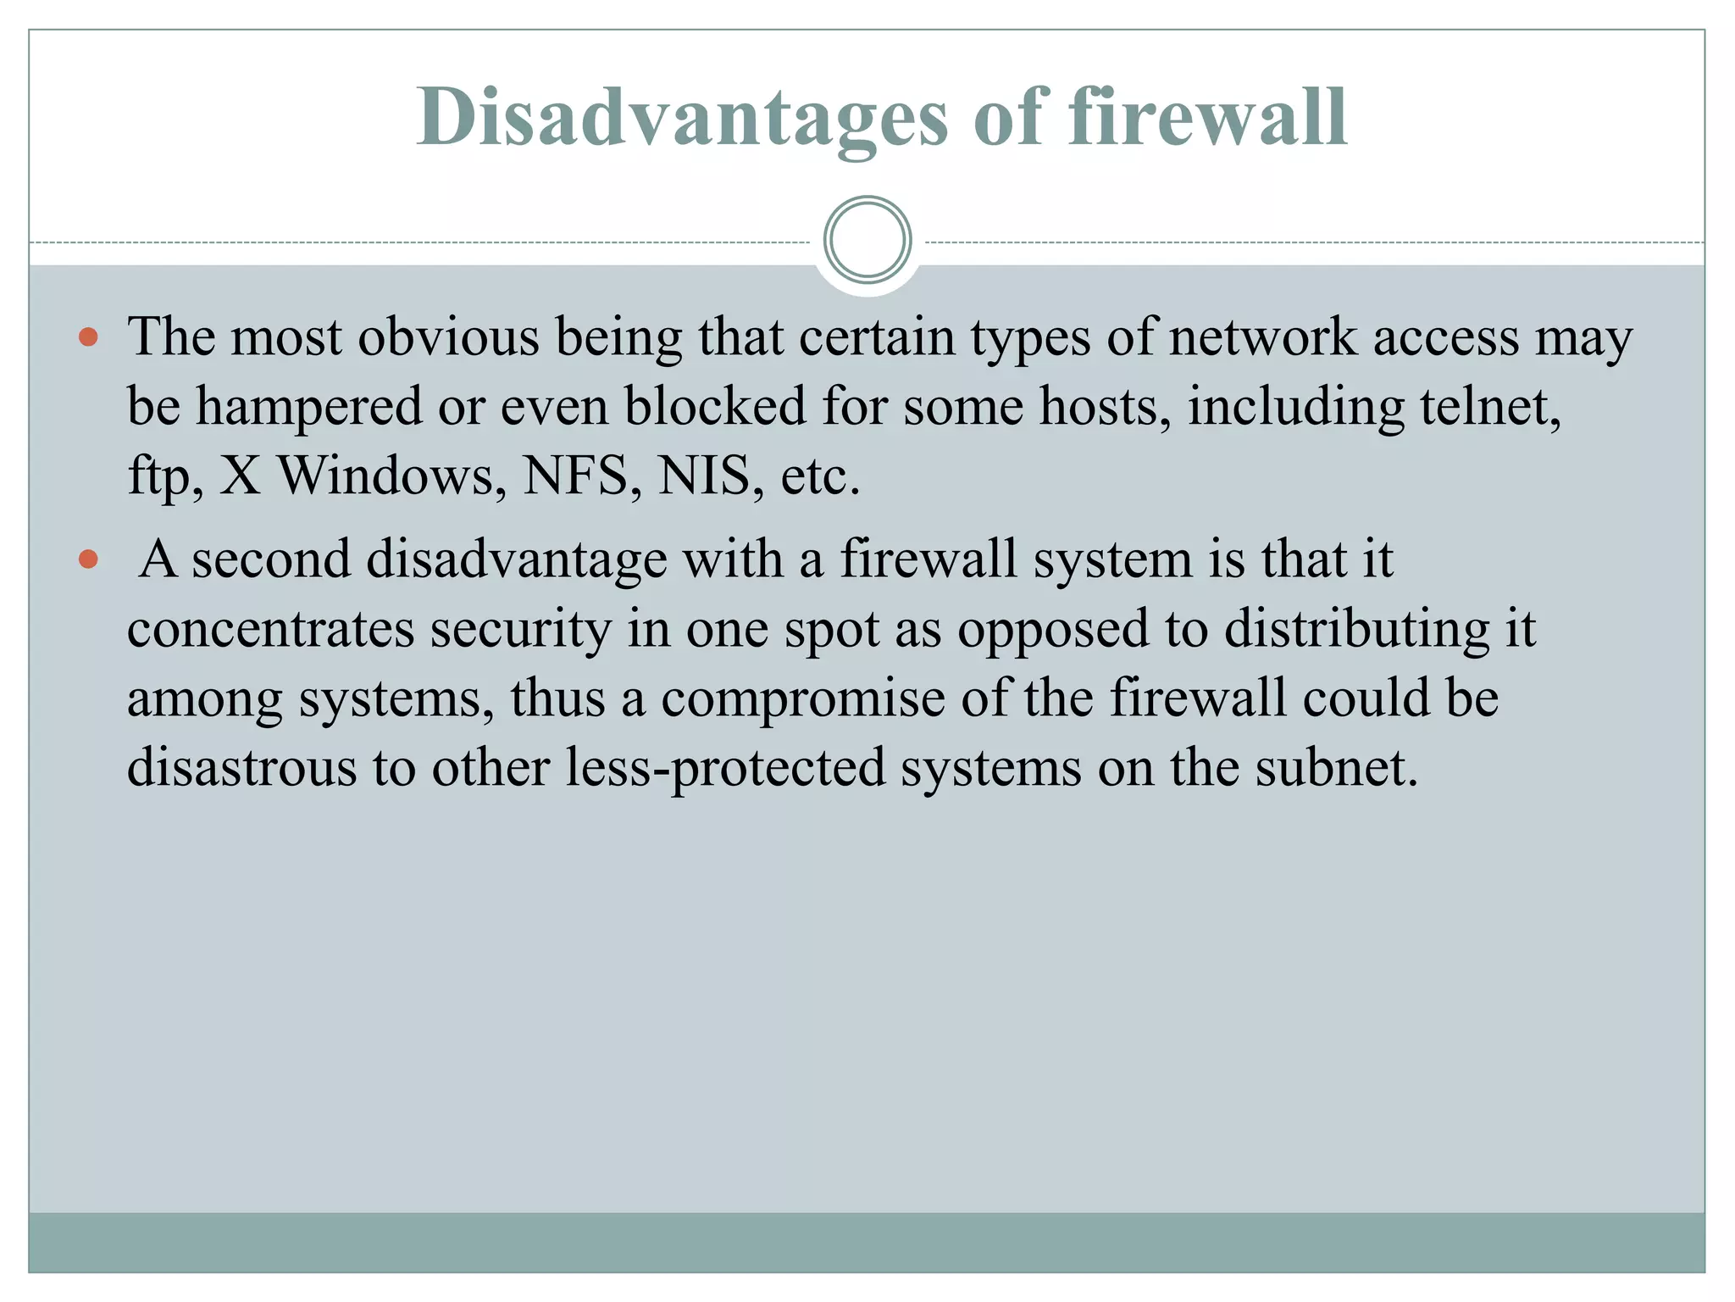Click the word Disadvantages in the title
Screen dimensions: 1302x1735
coord(682,118)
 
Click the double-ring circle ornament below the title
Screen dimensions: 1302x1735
coord(867,240)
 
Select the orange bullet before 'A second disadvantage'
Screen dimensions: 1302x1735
coord(88,560)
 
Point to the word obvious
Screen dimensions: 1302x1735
coord(448,337)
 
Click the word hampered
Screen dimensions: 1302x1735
coord(308,407)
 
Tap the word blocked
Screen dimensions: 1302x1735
coord(715,407)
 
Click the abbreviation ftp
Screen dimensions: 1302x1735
coord(164,477)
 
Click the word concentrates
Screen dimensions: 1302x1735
coord(271,630)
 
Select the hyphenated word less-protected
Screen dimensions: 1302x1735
coord(725,770)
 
